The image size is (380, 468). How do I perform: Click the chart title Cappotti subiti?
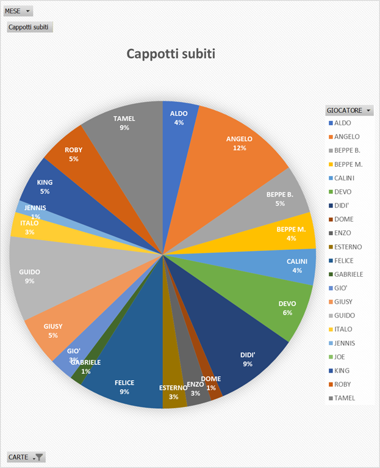point(171,54)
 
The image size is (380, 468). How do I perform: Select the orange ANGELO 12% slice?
point(238,147)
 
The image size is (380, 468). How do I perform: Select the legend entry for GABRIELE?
point(348,274)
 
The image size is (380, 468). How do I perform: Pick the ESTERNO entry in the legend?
point(348,247)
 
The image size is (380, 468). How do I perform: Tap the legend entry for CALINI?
point(345,178)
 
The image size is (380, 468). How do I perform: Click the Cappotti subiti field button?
point(30,27)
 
